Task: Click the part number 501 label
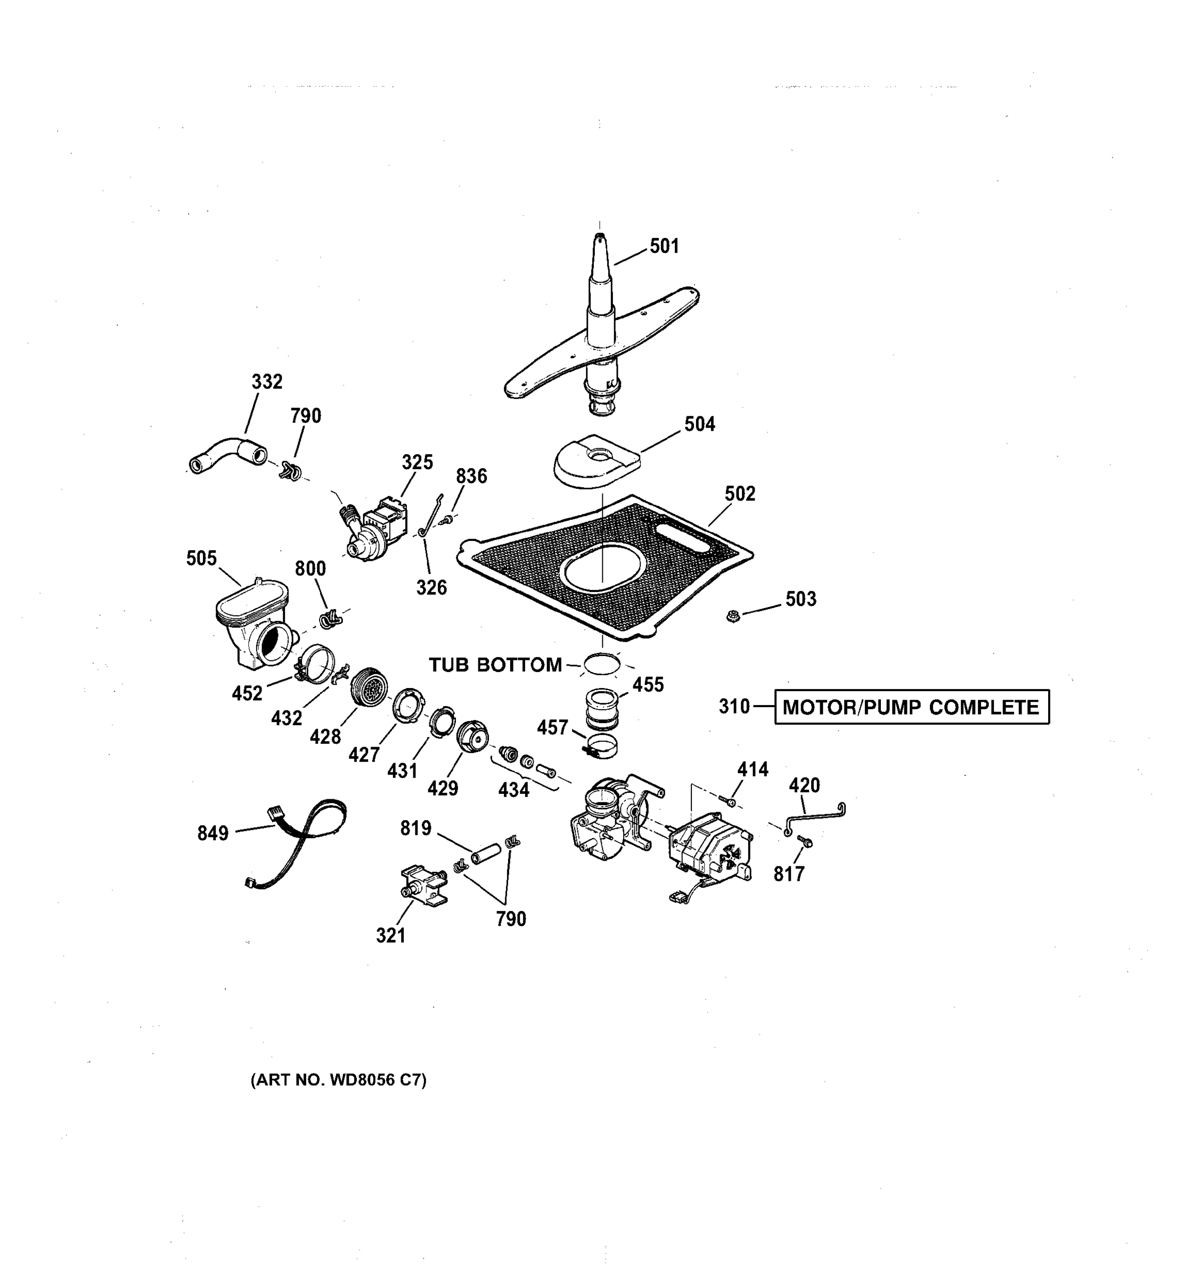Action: tap(664, 246)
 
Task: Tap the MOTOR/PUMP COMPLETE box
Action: tap(911, 707)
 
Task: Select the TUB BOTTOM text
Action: tap(495, 665)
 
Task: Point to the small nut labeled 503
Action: tap(731, 617)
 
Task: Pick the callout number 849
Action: tap(213, 833)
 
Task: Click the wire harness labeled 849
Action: tap(302, 835)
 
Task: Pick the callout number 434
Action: tap(513, 789)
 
